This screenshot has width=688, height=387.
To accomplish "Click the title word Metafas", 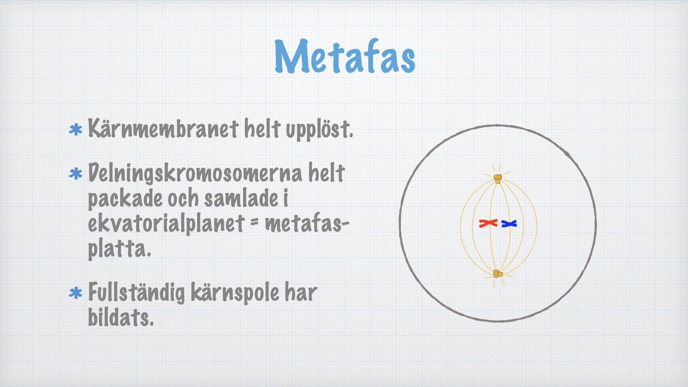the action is click(x=345, y=56).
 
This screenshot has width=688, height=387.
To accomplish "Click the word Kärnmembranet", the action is click(x=163, y=128).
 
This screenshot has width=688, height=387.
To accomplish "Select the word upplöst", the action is click(x=319, y=130).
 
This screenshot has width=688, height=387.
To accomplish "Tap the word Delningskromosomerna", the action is click(x=194, y=173).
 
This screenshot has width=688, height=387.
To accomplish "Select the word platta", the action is click(x=120, y=248).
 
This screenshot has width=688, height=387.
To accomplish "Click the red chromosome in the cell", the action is click(x=488, y=224).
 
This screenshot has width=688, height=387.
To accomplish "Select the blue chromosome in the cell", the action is click(x=509, y=224).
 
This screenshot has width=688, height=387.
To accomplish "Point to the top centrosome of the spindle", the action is click(x=498, y=178).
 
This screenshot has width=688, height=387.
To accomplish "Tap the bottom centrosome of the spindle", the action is click(x=497, y=274).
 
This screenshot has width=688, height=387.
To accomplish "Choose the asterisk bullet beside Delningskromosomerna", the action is click(x=75, y=174).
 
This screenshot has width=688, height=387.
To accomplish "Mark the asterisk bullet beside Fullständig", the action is click(x=75, y=293).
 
